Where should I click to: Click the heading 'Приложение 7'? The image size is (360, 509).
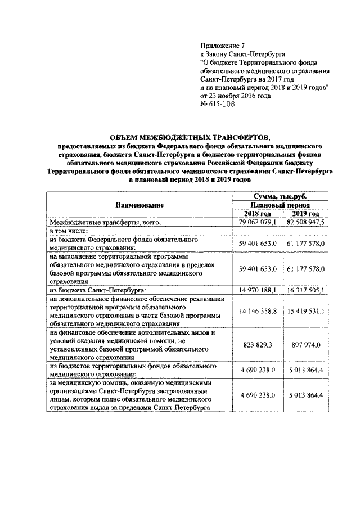(223, 46)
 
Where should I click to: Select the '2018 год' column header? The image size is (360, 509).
(258, 214)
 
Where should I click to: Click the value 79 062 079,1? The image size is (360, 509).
(258, 223)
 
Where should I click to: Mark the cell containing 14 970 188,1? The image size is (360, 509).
(258, 291)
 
